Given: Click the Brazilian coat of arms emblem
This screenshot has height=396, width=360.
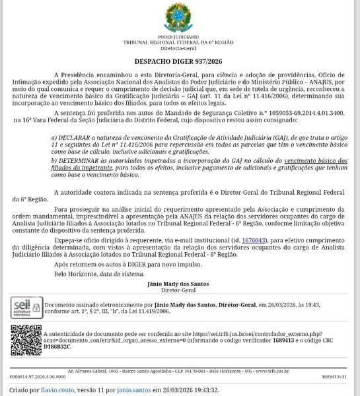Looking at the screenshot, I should (x=180, y=16).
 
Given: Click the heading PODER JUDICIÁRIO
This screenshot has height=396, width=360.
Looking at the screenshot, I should (x=180, y=37).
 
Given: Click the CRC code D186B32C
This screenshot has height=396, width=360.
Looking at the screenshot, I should (x=59, y=345).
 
